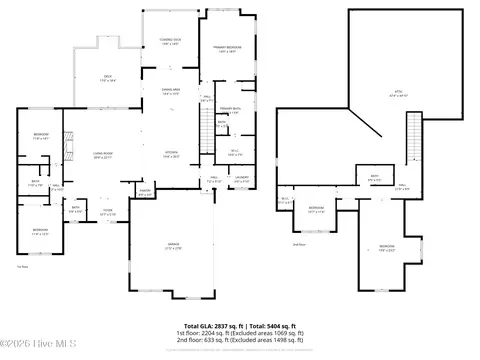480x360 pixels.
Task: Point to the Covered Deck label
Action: [x=169, y=42]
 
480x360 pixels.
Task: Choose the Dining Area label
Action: [x=171, y=91]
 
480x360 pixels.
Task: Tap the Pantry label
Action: [x=144, y=193]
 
